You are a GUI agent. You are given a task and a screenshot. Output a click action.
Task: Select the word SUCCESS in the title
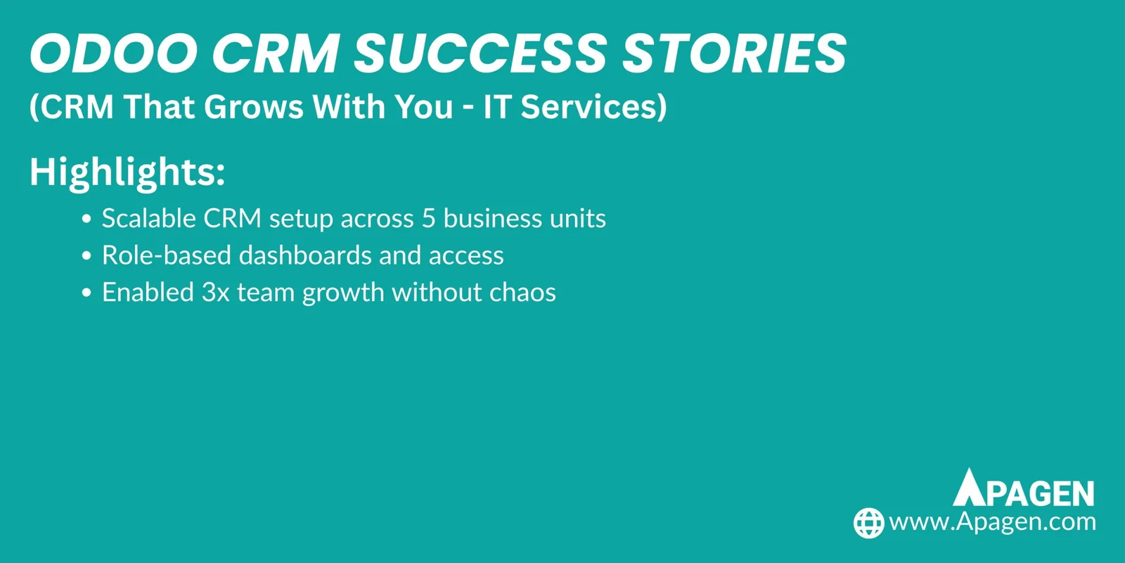[x=480, y=54]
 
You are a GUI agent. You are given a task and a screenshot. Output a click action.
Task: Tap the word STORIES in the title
[x=735, y=54]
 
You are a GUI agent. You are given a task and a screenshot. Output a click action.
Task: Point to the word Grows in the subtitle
[x=253, y=108]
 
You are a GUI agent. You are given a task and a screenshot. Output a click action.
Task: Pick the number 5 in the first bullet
[x=429, y=219]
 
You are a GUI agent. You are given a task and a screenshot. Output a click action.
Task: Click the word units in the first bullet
[x=577, y=219]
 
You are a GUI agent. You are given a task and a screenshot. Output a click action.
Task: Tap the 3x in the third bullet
[x=215, y=293]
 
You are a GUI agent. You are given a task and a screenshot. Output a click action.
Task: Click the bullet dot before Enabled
[x=86, y=293]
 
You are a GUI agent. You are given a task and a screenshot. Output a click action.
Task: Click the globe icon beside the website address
[x=868, y=523]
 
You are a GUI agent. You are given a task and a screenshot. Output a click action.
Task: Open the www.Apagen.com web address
[x=992, y=522]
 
